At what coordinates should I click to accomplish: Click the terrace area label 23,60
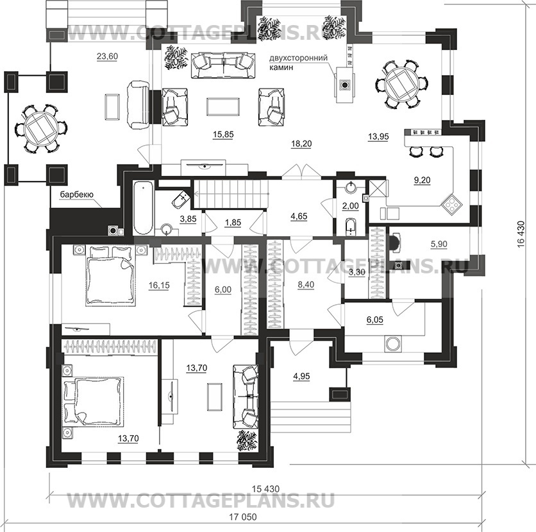[x=107, y=56]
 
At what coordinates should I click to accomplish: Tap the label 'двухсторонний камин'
[x=298, y=62]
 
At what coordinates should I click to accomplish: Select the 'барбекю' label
[x=76, y=194]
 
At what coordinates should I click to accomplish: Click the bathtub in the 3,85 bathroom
[x=142, y=208]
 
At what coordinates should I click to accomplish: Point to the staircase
[x=231, y=194]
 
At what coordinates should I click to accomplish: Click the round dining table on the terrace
[x=41, y=128]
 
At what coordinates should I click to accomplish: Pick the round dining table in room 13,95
[x=401, y=84]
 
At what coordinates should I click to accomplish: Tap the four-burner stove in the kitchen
[x=451, y=204]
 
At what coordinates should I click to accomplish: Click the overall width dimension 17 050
[x=243, y=517]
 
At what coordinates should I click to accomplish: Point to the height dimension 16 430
[x=521, y=234]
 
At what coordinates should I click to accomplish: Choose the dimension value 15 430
[x=265, y=489]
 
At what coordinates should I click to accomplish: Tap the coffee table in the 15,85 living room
[x=223, y=107]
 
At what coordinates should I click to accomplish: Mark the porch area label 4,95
[x=301, y=376]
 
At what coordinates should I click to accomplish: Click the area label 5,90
[x=439, y=245]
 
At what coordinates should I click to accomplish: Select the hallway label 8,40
[x=306, y=285]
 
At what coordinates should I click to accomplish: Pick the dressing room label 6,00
[x=223, y=290]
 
